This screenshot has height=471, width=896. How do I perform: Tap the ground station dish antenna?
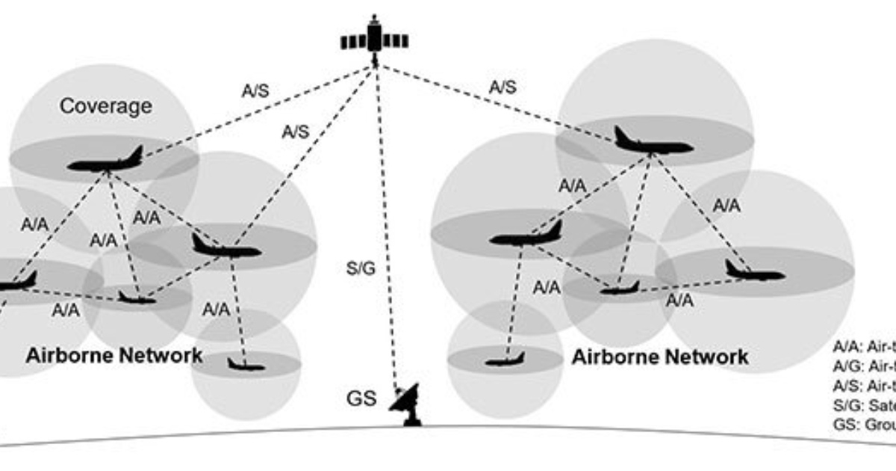407,404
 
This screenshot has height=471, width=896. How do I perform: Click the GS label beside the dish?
361,396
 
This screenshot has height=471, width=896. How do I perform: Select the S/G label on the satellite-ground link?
361,268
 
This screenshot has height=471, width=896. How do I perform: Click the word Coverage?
105,106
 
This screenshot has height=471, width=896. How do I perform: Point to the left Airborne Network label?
113,355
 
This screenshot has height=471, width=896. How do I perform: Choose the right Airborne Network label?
660,357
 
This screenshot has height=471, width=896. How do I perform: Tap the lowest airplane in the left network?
246,365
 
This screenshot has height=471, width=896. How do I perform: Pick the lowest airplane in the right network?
505,361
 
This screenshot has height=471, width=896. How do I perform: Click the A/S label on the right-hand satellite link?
503,87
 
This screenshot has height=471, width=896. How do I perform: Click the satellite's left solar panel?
352,41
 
